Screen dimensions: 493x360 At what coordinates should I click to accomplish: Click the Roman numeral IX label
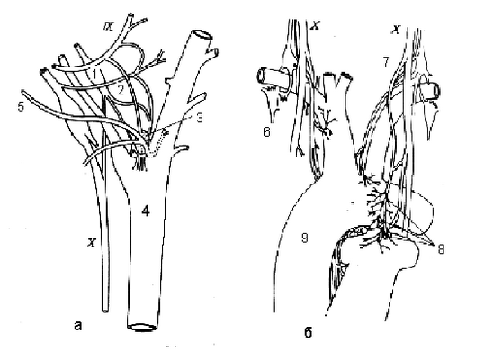[x=109, y=26]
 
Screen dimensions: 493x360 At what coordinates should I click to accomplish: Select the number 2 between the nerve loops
[x=121, y=91]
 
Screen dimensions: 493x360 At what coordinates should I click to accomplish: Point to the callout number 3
[x=199, y=119]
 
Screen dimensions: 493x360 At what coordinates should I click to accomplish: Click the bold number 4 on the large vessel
[x=146, y=211]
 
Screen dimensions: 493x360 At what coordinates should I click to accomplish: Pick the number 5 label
[x=21, y=107]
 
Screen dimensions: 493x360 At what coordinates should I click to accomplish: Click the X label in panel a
[x=91, y=242]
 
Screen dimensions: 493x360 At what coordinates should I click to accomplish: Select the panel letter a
[x=78, y=325]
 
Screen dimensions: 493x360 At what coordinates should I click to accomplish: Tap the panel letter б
[x=308, y=332]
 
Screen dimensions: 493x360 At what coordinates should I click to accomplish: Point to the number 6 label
[x=266, y=131]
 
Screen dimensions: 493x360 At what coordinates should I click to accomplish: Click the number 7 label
[x=386, y=62]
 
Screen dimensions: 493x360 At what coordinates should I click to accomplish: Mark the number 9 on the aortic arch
[x=304, y=238]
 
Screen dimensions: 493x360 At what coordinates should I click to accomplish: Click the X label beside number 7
[x=396, y=30]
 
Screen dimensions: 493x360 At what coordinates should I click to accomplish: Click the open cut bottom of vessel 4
[x=142, y=327]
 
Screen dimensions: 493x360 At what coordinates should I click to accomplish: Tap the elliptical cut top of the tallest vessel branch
[x=202, y=33]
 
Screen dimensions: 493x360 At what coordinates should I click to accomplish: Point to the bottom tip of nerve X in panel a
[x=105, y=310]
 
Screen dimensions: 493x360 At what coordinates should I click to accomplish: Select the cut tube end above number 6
[x=262, y=76]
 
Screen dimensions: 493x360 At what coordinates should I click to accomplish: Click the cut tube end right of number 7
[x=436, y=90]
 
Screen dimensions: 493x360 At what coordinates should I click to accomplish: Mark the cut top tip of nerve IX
[x=130, y=14]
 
